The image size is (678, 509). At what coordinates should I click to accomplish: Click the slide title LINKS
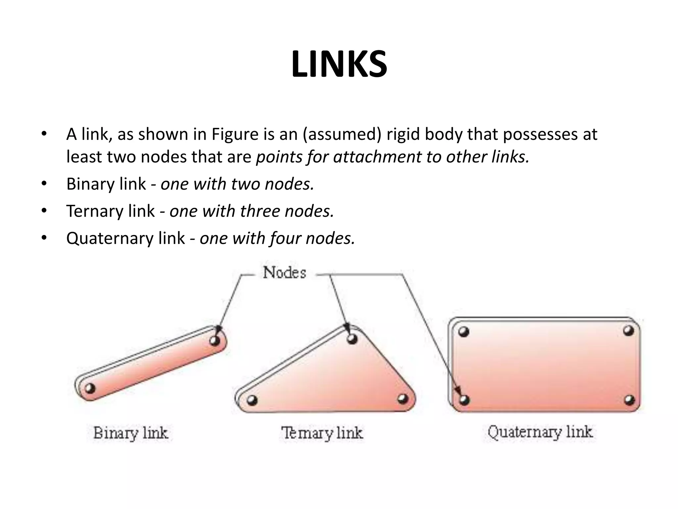[339, 65]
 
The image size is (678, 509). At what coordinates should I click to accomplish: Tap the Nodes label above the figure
[284, 273]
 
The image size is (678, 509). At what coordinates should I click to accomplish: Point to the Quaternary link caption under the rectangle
[540, 432]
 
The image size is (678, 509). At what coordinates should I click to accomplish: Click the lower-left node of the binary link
[90, 388]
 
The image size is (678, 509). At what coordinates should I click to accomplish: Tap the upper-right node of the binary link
[215, 340]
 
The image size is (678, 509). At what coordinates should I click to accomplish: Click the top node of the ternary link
[352, 339]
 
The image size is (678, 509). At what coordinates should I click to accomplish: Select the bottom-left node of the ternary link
[252, 400]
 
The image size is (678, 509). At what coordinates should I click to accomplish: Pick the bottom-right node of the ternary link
[403, 398]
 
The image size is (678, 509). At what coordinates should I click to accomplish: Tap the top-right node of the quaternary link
[628, 330]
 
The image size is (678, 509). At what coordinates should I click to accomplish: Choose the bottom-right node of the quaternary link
[629, 400]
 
